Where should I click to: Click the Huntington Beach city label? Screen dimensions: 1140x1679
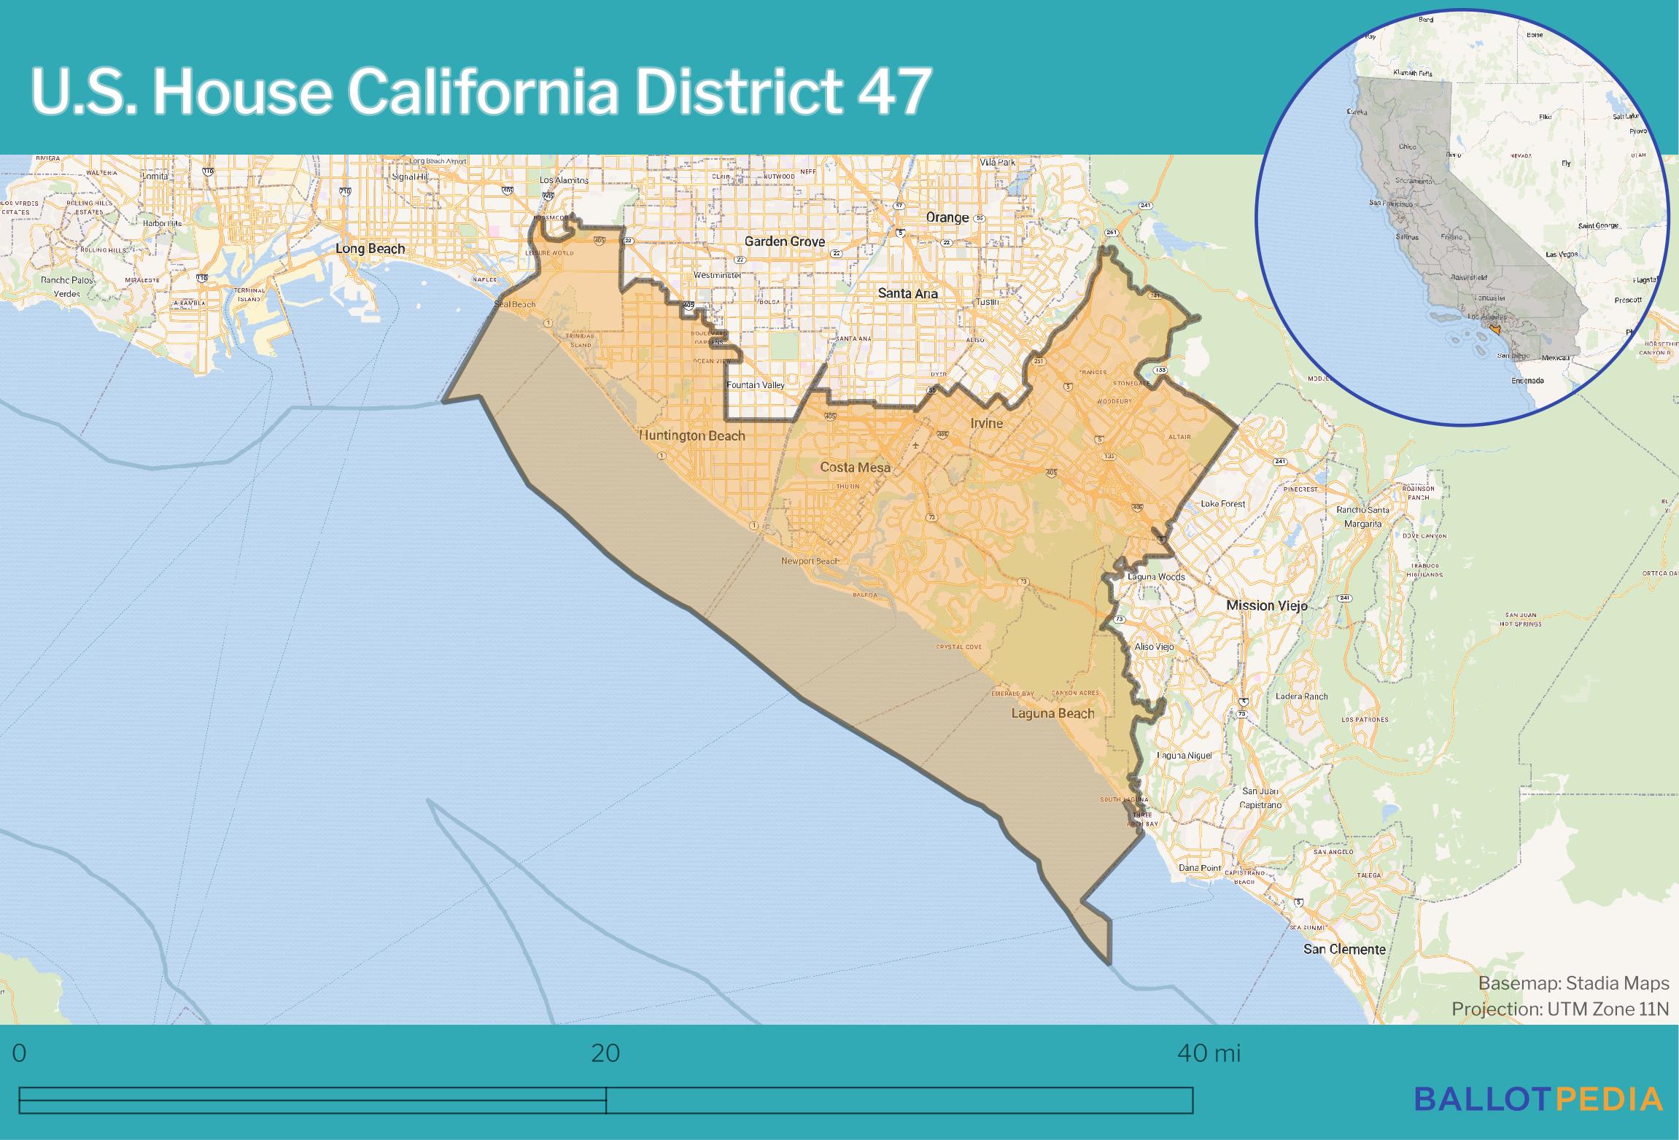point(691,436)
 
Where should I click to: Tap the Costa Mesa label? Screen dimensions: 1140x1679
point(855,467)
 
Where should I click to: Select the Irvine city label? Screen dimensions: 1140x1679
point(986,423)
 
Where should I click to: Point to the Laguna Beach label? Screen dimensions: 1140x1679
point(1052,713)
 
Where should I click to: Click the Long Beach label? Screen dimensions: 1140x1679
point(370,249)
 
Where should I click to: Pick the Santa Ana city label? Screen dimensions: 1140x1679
point(907,293)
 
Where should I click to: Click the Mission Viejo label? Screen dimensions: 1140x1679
point(1266,605)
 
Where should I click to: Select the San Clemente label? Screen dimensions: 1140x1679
point(1344,949)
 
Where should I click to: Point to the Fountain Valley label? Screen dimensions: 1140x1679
point(754,384)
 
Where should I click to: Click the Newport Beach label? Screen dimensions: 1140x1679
point(809,561)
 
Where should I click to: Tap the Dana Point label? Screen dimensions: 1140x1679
point(1200,868)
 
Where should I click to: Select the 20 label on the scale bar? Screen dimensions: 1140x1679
point(605,1054)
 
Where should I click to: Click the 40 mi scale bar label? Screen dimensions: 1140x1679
point(1209,1054)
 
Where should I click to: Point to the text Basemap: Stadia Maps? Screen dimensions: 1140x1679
point(1573,984)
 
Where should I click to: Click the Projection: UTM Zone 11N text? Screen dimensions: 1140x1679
point(1559,1009)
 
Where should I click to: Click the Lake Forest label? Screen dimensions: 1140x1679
point(1223,504)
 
